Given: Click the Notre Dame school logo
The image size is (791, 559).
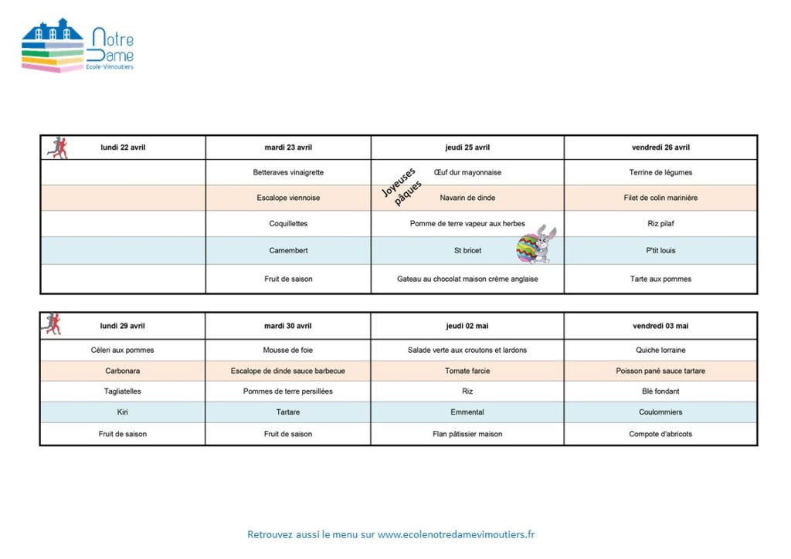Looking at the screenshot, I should (x=77, y=49).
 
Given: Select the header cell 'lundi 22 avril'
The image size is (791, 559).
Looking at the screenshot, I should (x=123, y=147).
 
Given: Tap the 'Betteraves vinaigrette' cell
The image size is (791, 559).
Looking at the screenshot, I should (x=288, y=172).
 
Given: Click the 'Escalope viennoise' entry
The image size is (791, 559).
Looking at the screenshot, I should (x=288, y=198).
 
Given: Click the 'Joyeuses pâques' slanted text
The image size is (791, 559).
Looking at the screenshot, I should (x=401, y=187).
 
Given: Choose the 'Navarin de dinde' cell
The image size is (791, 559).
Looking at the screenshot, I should (x=467, y=198).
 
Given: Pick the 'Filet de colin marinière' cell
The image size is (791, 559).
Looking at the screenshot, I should (x=660, y=198).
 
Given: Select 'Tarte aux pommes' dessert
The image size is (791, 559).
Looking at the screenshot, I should (x=660, y=279).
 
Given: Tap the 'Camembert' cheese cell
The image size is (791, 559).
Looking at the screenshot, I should (x=288, y=250).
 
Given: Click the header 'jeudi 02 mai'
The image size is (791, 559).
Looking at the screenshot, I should (x=467, y=326).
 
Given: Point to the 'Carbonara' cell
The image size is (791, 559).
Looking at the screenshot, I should (x=122, y=371).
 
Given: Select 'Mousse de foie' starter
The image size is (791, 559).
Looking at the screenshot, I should (x=288, y=350).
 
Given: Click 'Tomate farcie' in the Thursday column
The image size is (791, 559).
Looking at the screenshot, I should (x=467, y=371).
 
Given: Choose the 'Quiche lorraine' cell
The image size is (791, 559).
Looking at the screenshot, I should (x=660, y=350).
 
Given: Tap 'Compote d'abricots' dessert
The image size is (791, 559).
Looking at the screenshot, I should (x=660, y=434).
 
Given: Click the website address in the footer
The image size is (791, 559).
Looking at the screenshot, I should (x=456, y=534).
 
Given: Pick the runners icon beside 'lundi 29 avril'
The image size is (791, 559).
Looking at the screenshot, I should (x=51, y=324).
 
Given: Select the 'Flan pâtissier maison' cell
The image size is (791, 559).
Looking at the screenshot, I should (x=467, y=434).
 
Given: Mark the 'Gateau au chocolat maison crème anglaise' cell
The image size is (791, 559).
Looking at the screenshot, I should (x=467, y=279).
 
